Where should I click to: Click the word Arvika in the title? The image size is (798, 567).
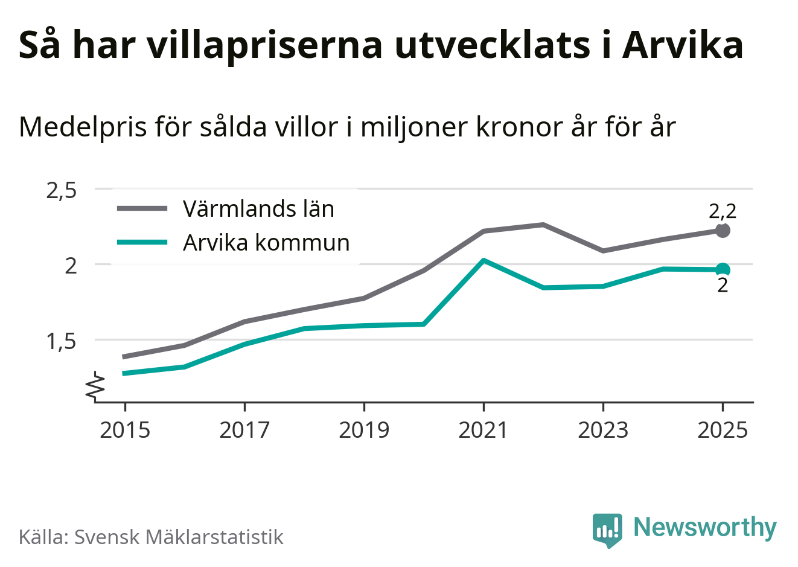pos(682,45)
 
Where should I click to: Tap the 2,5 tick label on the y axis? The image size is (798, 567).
pos(62,190)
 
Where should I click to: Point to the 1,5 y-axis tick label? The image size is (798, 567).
pos(62,341)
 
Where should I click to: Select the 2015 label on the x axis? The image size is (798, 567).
pos(125,430)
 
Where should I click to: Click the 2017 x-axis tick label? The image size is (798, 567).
pos(244,430)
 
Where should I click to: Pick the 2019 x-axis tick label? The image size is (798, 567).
pos(364,430)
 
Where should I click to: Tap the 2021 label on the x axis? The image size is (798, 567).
pos(484,430)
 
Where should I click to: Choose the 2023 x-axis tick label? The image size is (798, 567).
pos(603,430)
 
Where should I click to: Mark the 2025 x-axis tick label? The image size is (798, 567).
pos(723,430)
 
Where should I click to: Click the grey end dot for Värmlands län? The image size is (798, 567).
pos(723,230)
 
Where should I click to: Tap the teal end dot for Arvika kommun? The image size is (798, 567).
pos(723,270)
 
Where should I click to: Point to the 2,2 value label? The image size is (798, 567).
pos(723,211)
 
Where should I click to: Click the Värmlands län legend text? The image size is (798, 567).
pos(258,209)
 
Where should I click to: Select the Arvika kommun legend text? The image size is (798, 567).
pos(266,243)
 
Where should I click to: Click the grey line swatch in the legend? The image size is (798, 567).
pos(142,209)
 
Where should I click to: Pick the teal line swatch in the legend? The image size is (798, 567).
pos(142,243)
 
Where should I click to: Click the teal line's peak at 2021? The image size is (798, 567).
pos(484,260)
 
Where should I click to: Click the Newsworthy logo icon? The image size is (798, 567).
pos(607,530)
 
